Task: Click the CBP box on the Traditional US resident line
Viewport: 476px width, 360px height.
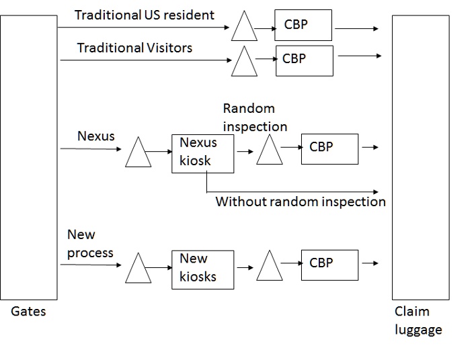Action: [303, 26]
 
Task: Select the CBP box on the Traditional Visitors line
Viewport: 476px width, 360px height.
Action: [304, 60]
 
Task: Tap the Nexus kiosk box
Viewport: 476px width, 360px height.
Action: [203, 153]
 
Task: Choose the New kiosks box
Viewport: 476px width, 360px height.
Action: [203, 269]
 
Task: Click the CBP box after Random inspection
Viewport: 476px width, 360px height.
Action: [329, 147]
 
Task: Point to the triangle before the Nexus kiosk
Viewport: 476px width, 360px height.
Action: [138, 154]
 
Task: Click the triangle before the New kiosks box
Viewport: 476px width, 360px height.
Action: [138, 270]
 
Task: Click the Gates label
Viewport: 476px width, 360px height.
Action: [28, 312]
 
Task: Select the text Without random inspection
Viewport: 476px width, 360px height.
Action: [301, 201]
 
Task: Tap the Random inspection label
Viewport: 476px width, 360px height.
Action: [255, 118]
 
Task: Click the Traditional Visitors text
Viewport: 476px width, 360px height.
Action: [134, 48]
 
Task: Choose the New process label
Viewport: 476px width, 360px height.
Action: [90, 244]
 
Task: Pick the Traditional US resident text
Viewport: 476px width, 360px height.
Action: [145, 15]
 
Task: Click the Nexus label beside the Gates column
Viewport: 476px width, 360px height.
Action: [96, 136]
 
